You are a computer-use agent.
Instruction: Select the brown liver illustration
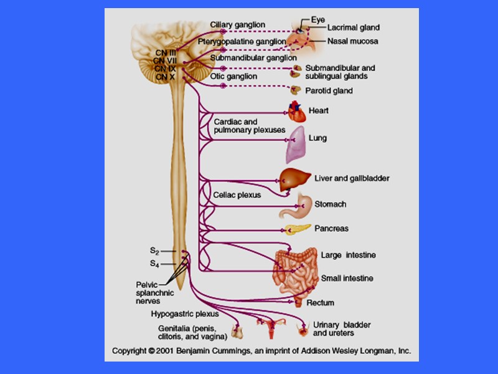(x=291, y=180)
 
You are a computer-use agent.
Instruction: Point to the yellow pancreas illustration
(x=294, y=229)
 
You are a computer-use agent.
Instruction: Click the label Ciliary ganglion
(x=237, y=25)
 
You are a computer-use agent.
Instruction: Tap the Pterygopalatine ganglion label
(x=242, y=41)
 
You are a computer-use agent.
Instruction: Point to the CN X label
(x=166, y=77)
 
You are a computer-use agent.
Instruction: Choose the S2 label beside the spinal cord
(x=154, y=251)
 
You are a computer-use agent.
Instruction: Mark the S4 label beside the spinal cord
(x=154, y=264)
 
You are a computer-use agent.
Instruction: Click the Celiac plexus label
(x=237, y=195)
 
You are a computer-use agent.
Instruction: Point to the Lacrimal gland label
(x=354, y=28)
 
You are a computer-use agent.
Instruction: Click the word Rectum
(x=321, y=303)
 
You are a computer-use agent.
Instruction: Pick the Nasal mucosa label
(x=353, y=41)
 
